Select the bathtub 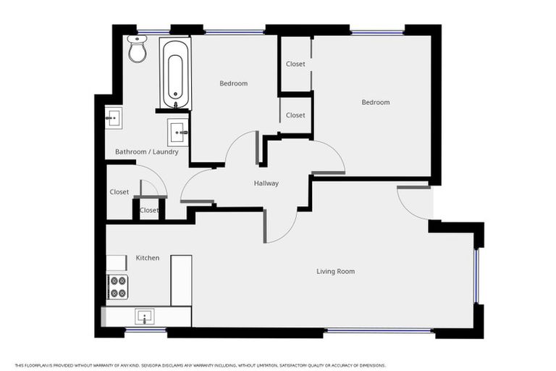(x=175, y=75)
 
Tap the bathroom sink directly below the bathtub (x=179, y=132)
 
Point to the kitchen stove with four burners (x=117, y=286)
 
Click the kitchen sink (x=145, y=316)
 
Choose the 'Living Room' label (x=335, y=272)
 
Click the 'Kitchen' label (x=148, y=258)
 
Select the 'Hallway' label (x=266, y=183)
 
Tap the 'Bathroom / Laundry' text (x=146, y=152)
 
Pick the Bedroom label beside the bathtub (x=233, y=83)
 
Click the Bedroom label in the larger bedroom (x=375, y=102)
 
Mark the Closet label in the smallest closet (x=149, y=210)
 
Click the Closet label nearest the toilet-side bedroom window (x=295, y=64)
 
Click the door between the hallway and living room (x=281, y=225)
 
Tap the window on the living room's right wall (x=476, y=276)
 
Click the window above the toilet (x=153, y=32)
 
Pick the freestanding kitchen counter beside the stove (x=181, y=280)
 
